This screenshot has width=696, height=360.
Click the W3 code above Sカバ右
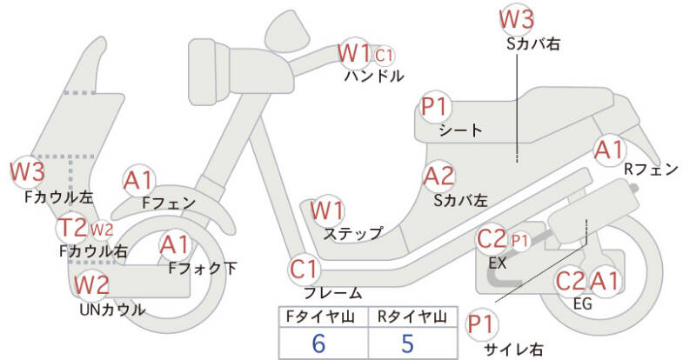517,19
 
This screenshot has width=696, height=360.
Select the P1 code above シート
434,107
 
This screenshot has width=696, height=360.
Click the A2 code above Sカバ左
438,177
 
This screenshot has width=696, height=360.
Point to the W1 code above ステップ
327,210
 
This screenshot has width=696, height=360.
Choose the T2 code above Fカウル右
72,229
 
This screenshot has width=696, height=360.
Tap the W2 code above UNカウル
91,284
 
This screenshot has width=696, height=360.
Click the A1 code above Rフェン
608,149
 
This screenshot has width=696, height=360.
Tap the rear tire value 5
407,343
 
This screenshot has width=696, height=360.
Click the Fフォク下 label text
202,268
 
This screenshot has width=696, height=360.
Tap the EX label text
497,262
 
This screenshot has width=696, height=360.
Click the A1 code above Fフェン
138,180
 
